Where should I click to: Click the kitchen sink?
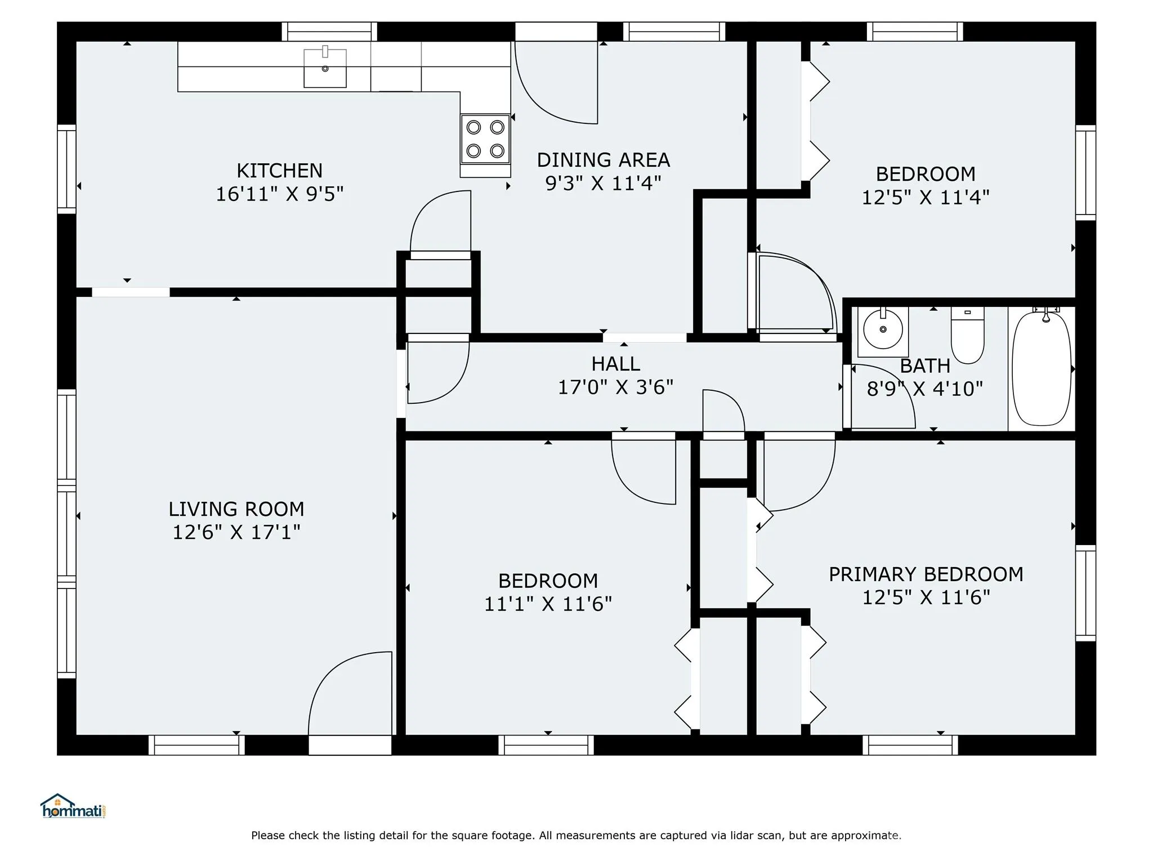(x=325, y=68)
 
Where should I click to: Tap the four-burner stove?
(x=485, y=139)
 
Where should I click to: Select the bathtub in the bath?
(x=1042, y=369)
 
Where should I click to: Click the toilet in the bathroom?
(x=967, y=335)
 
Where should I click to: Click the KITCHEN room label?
(x=279, y=171)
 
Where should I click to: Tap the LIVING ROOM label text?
(x=236, y=509)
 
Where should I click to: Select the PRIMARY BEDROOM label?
(x=926, y=574)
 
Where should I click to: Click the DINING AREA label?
(x=604, y=160)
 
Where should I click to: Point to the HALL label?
(x=615, y=364)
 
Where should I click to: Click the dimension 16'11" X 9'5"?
(x=279, y=194)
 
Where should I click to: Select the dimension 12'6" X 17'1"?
(x=236, y=532)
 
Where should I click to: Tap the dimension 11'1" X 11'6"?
(x=548, y=604)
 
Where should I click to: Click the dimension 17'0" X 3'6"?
(x=615, y=387)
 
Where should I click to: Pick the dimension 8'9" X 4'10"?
(x=925, y=389)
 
